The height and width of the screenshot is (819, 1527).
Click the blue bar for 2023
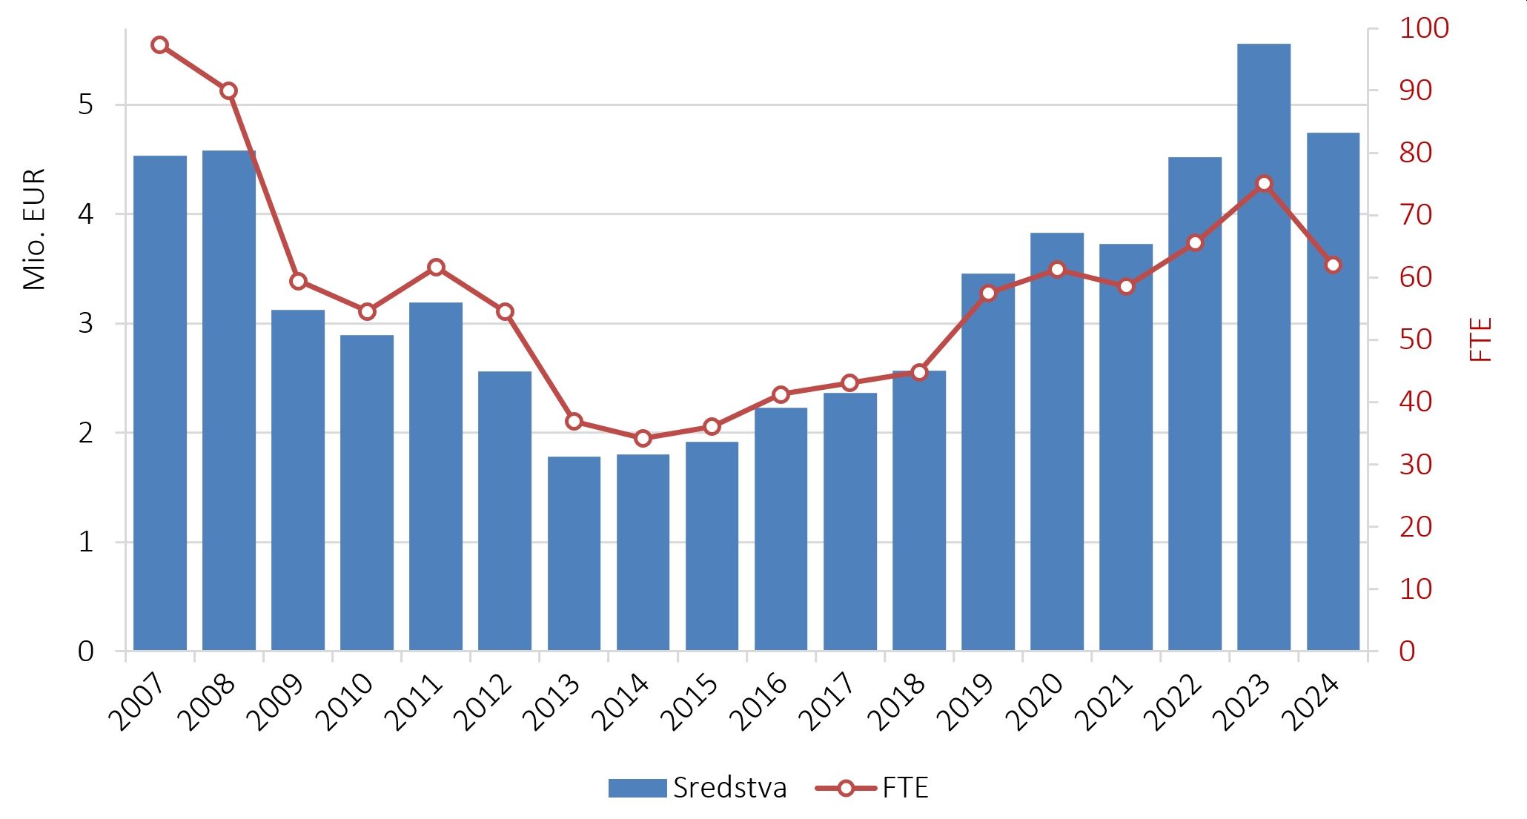[1264, 347]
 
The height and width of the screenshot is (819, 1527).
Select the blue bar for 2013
[574, 554]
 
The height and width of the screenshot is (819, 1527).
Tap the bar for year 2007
[160, 403]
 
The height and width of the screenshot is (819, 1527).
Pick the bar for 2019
[988, 462]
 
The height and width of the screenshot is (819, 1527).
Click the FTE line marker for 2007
[159, 45]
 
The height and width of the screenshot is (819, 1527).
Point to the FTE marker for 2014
[643, 438]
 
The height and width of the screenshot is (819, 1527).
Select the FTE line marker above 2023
[1264, 183]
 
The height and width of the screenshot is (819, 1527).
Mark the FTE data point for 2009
[298, 281]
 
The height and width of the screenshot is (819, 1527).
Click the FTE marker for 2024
[1333, 265]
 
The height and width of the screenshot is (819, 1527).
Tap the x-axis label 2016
[758, 701]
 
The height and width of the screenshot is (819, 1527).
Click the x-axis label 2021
[1103, 701]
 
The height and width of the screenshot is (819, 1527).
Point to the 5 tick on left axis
[86, 105]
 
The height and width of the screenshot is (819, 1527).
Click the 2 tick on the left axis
[86, 433]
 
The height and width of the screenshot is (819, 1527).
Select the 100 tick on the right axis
[1424, 28]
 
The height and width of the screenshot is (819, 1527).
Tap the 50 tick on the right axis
[1415, 340]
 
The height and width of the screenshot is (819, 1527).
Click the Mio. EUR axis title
[35, 229]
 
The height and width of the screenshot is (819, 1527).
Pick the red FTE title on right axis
[1481, 339]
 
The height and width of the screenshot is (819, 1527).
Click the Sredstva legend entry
[697, 788]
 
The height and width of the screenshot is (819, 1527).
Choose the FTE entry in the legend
[872, 788]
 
